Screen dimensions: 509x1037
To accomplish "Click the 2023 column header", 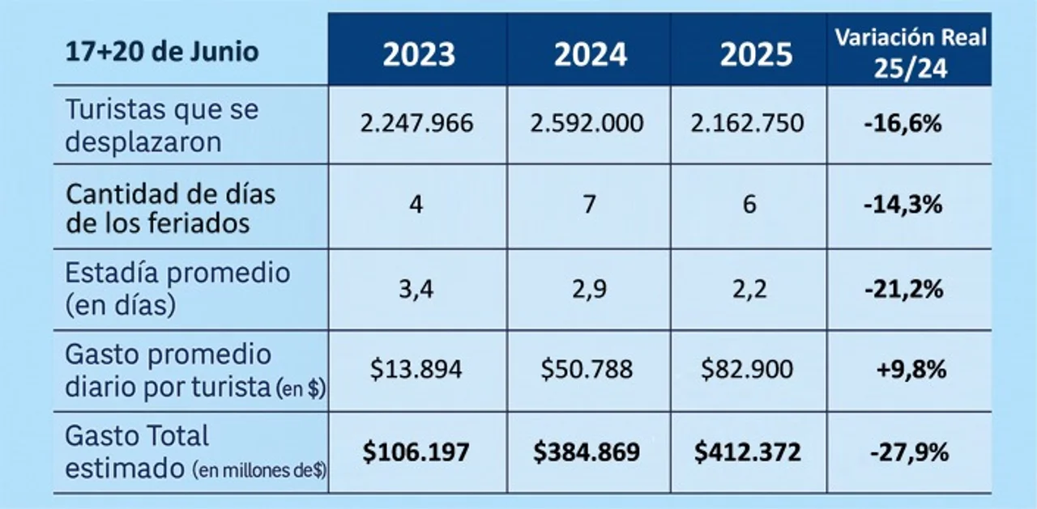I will pyautogui.click(x=419, y=54).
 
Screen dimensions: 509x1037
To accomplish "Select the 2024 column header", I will pyautogui.click(x=590, y=54).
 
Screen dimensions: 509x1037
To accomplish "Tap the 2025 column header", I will pyautogui.click(x=756, y=54).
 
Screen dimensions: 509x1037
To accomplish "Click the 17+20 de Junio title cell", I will pyautogui.click(x=162, y=52).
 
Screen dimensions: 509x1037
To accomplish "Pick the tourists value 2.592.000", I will pyautogui.click(x=587, y=124).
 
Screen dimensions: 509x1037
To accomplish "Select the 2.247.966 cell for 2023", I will pyautogui.click(x=416, y=124).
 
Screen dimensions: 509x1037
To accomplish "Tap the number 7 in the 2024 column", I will pyautogui.click(x=589, y=205).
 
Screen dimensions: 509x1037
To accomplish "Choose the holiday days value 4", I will pyautogui.click(x=416, y=205).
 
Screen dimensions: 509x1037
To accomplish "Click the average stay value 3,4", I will pyautogui.click(x=416, y=288).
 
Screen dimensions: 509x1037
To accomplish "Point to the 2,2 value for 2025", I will pyautogui.click(x=749, y=288).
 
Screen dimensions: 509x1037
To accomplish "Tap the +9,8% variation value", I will pyautogui.click(x=911, y=370).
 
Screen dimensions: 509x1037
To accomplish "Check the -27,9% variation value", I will pyautogui.click(x=908, y=452).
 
